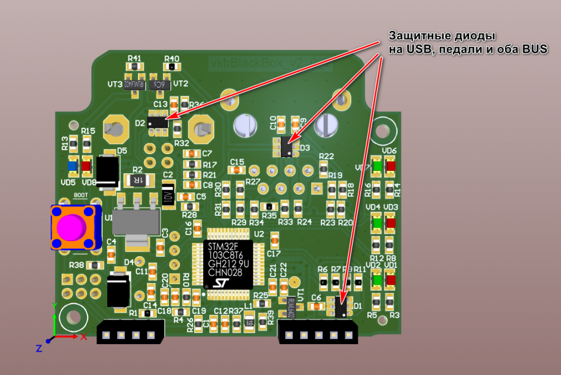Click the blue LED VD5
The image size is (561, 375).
click(x=72, y=166)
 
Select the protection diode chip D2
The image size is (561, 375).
click(x=158, y=123)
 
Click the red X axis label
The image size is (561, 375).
click(x=84, y=337)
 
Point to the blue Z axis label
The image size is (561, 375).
click(x=39, y=349)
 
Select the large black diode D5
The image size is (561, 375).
click(x=107, y=170)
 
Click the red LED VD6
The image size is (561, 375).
click(x=390, y=166)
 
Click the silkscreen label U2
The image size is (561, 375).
click(x=259, y=234)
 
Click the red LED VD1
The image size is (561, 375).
click(x=390, y=279)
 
